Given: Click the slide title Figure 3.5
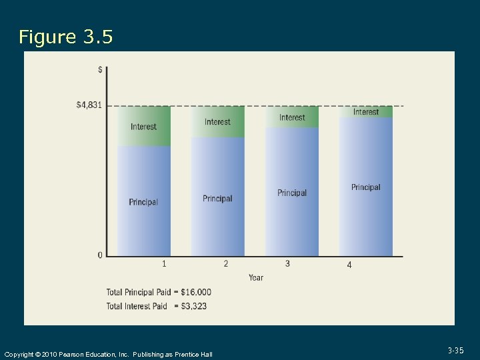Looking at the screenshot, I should click(x=66, y=37).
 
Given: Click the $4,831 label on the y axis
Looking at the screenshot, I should click(x=89, y=105).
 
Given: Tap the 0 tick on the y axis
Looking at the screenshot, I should click(x=100, y=255).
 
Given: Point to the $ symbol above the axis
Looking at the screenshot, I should click(x=100, y=69).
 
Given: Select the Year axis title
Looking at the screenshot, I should click(x=256, y=277).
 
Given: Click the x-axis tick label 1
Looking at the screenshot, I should click(x=164, y=264).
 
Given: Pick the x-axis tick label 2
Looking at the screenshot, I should click(x=226, y=264).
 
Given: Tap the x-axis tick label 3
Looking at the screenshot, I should click(x=287, y=264).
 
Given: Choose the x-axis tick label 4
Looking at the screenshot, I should click(x=349, y=265).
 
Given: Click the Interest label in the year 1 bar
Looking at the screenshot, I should click(x=143, y=127).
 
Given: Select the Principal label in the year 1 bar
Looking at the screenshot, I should click(x=143, y=202).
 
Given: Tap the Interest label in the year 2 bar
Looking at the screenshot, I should click(x=217, y=122).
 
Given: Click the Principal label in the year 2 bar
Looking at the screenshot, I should click(x=217, y=199).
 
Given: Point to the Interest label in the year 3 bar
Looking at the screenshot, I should click(x=292, y=117).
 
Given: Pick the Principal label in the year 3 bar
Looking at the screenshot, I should click(x=292, y=193).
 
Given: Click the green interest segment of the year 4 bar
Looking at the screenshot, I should click(x=366, y=112).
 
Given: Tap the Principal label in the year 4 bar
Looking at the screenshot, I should click(x=366, y=187).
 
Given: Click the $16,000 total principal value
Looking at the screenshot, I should click(x=196, y=292).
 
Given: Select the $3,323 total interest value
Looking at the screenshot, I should click(x=193, y=306).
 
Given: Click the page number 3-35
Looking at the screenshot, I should click(x=456, y=350).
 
